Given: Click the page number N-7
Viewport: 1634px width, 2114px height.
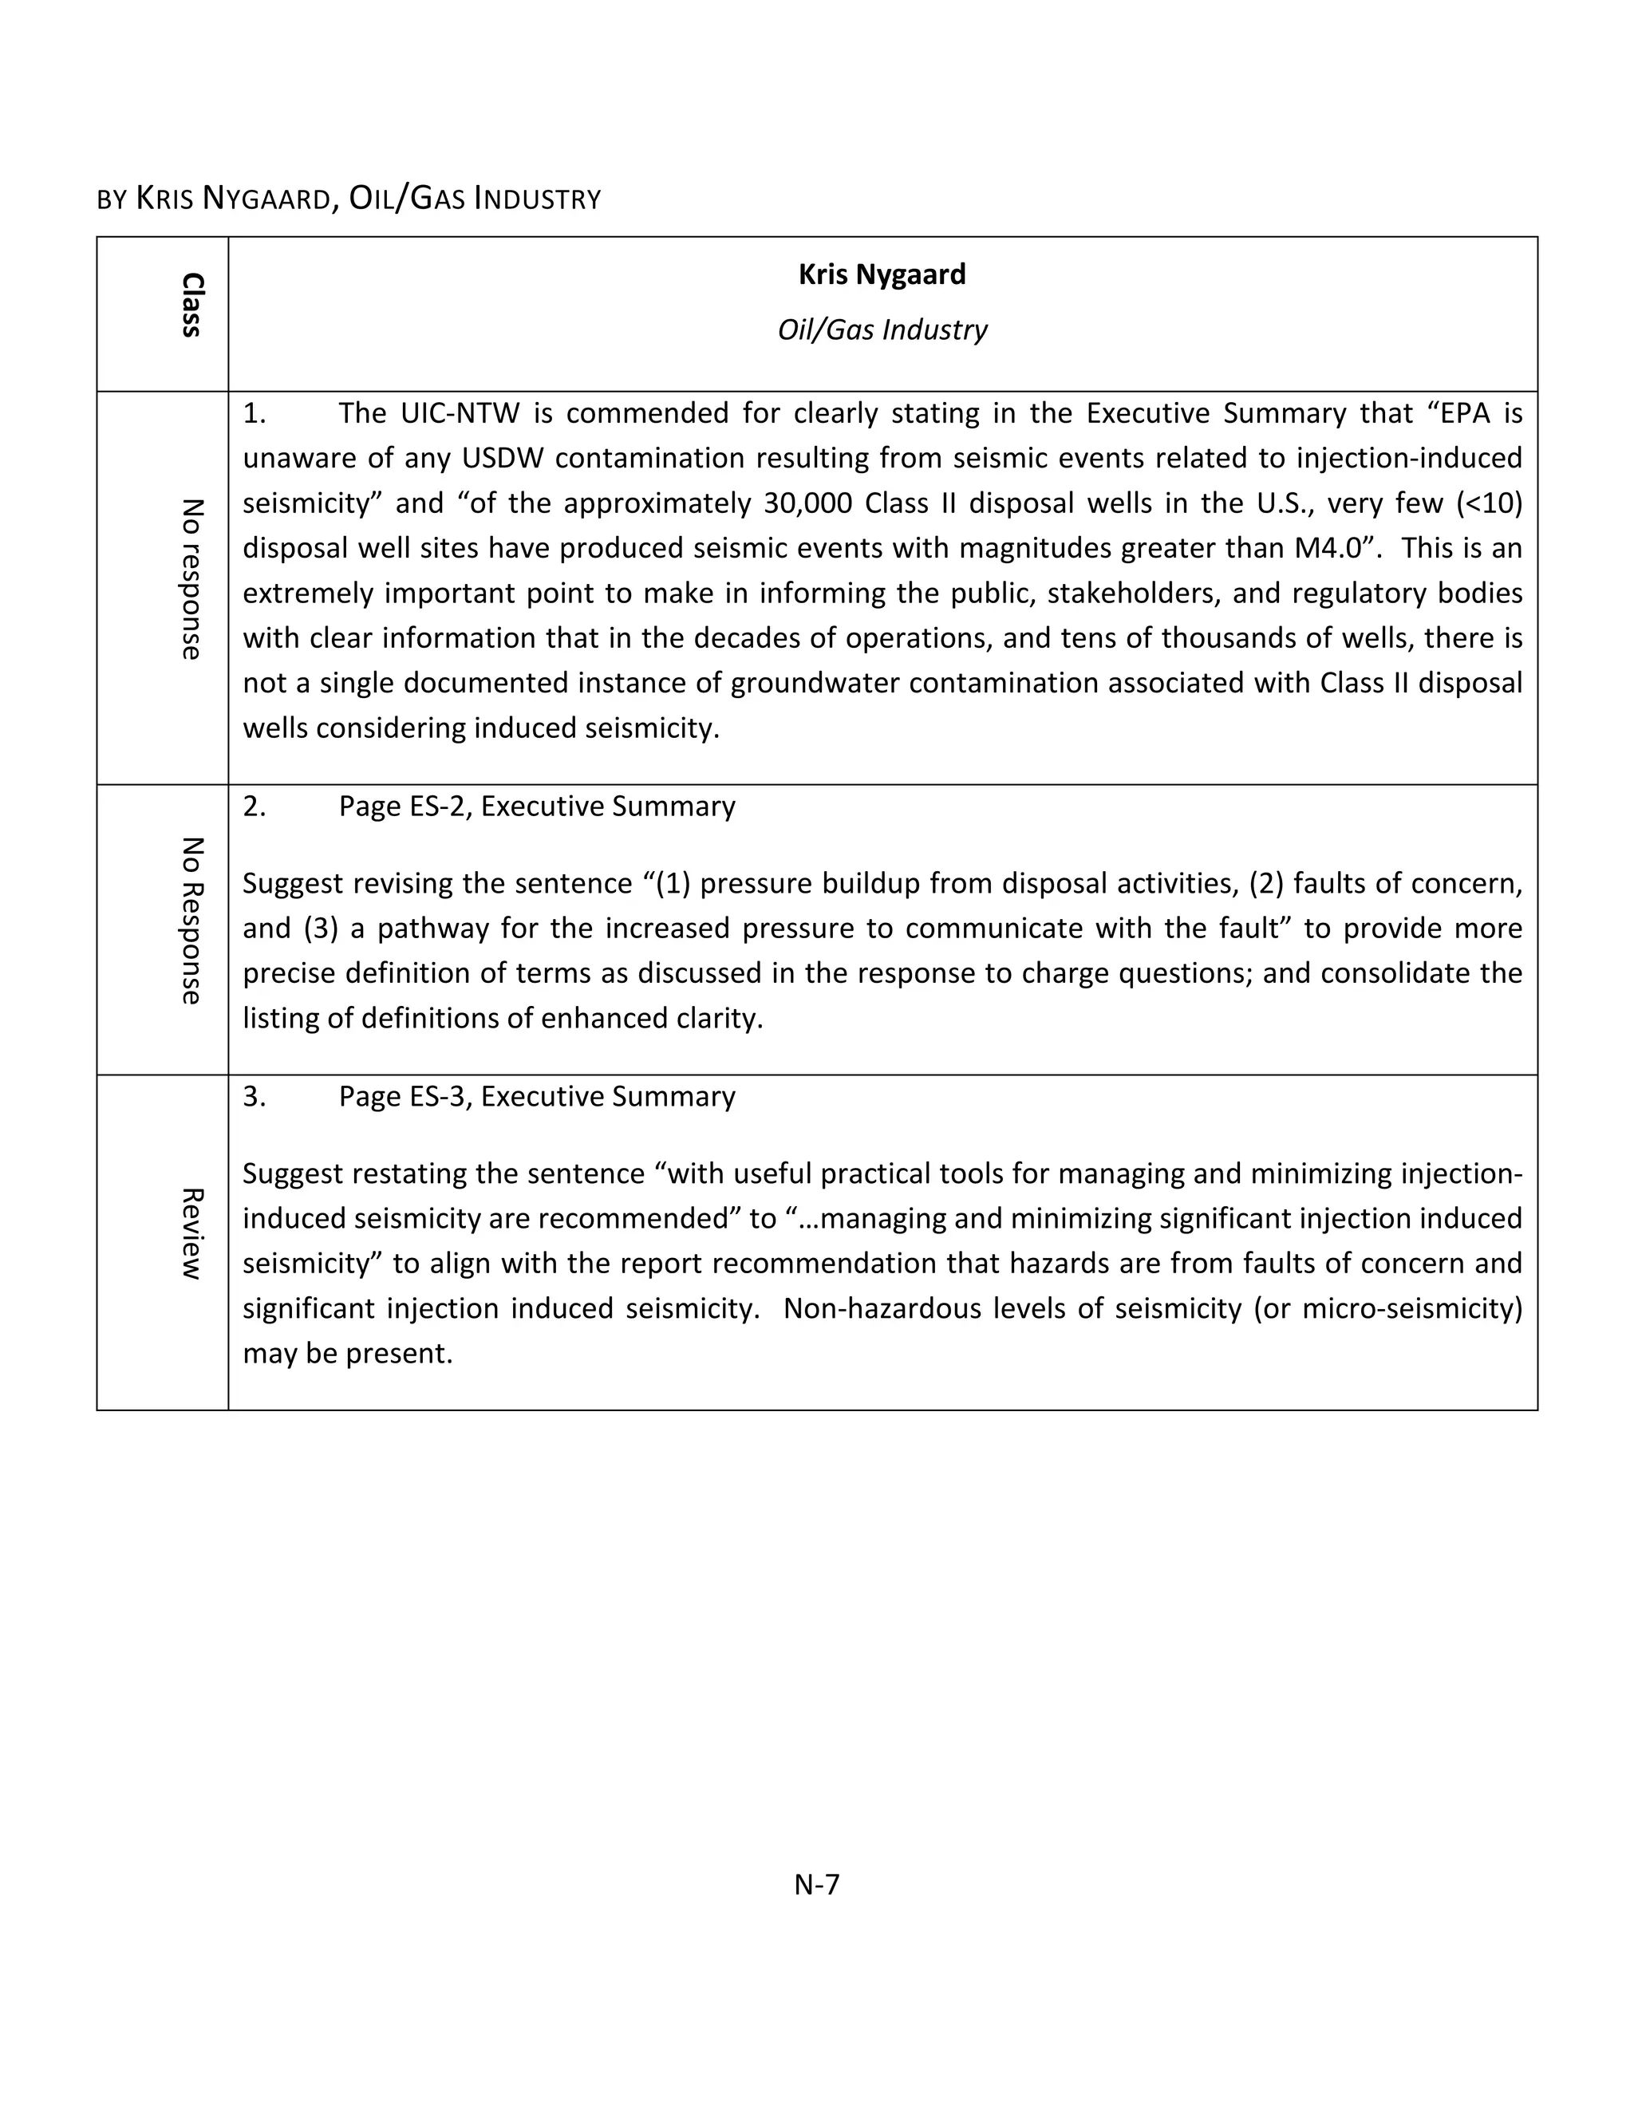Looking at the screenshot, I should click(x=816, y=1883).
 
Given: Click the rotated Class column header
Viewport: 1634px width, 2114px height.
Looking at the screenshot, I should click(x=191, y=305).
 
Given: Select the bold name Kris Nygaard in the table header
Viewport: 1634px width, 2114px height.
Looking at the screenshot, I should click(x=882, y=275).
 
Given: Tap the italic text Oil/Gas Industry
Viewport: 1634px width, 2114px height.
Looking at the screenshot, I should click(x=882, y=330).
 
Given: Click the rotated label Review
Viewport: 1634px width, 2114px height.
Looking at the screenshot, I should click(x=191, y=1233).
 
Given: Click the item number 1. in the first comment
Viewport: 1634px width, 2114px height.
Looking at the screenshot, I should click(x=254, y=414).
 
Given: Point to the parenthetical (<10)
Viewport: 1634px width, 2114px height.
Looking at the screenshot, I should click(x=1489, y=503).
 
